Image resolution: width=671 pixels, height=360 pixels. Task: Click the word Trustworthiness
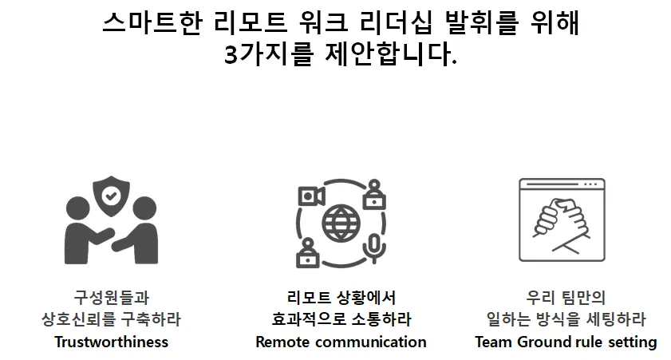[x=111, y=342]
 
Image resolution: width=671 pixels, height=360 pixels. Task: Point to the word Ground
[x=543, y=342]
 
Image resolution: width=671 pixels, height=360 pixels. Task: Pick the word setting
[x=631, y=342]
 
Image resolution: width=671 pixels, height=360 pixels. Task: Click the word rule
[x=588, y=342]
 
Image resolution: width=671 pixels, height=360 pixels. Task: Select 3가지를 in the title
[x=268, y=56]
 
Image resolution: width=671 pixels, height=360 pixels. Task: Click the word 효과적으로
[x=307, y=320]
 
